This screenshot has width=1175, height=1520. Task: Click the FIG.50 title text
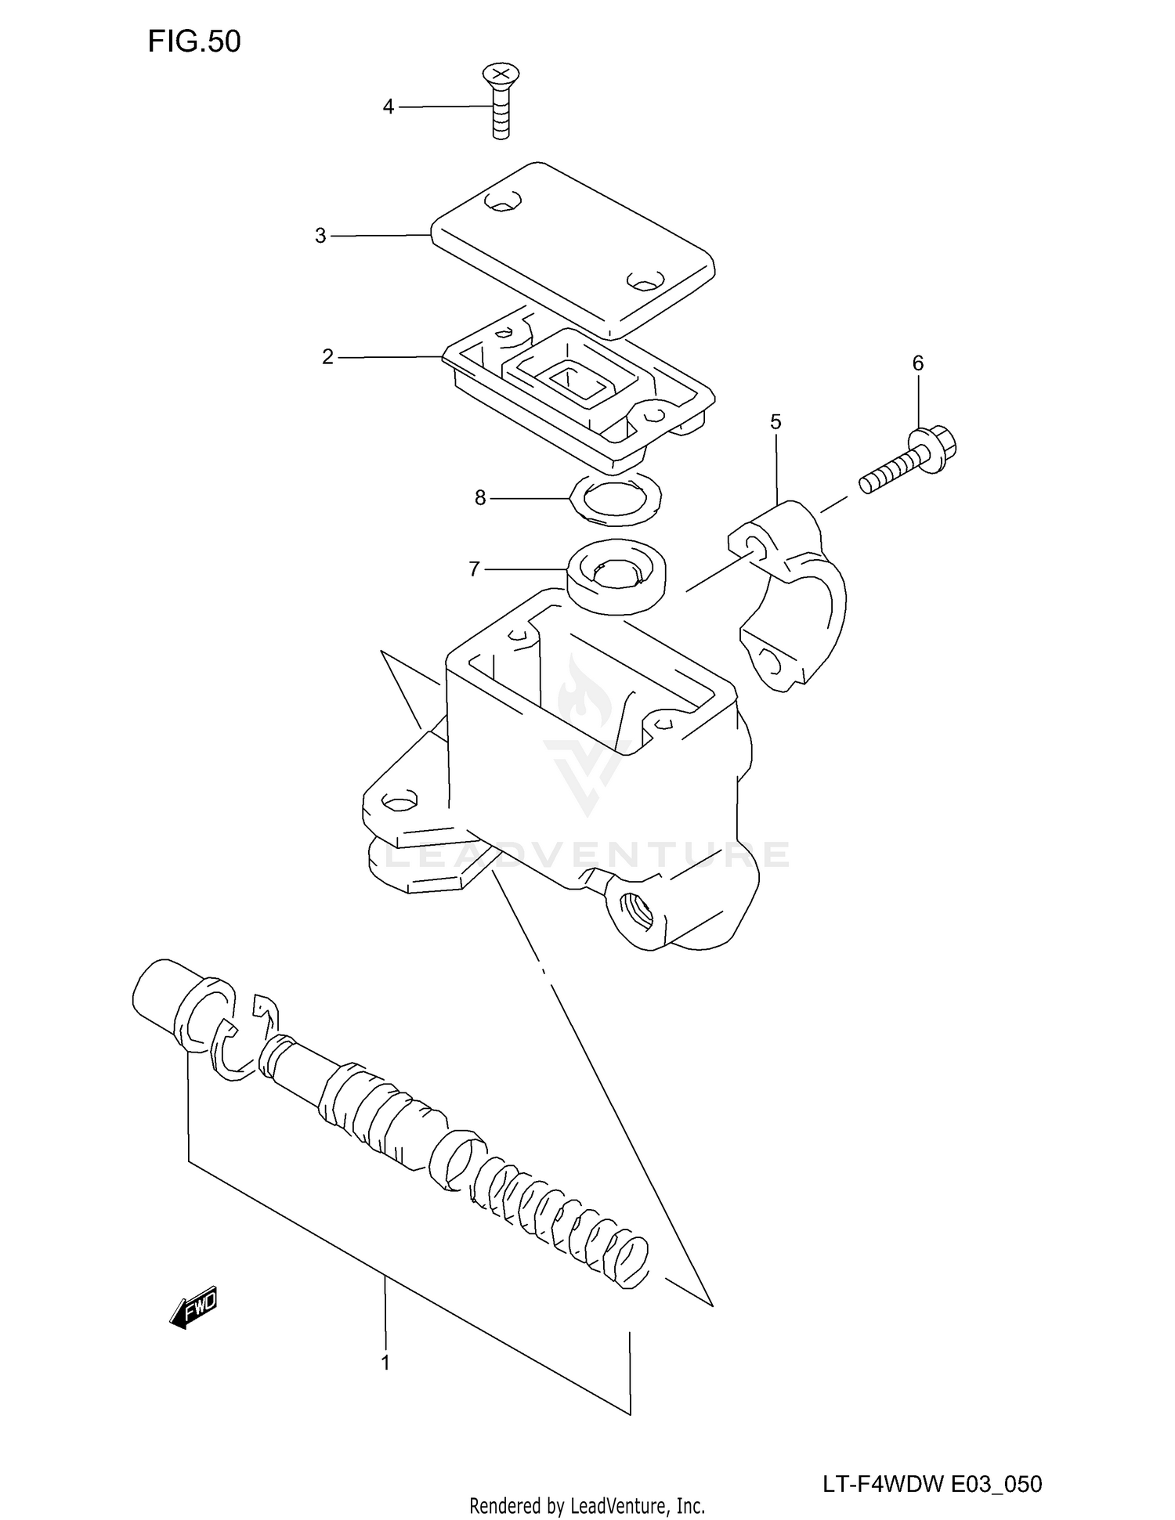tap(193, 42)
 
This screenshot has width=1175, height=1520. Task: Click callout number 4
tap(388, 107)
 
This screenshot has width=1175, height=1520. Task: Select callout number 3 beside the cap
tap(320, 236)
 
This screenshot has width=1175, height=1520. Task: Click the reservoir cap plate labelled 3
tap(572, 251)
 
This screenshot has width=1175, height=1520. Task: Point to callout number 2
tap(327, 357)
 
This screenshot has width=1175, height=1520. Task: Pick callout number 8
tap(479, 498)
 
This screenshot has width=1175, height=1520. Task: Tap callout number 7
tap(474, 569)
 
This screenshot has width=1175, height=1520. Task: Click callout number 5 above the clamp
tap(775, 423)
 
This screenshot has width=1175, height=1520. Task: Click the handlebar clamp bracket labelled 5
tap(791, 595)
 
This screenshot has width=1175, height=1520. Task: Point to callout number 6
tap(917, 363)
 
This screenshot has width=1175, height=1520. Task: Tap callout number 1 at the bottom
tap(385, 1363)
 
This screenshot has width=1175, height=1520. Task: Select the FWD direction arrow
tap(193, 1307)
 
